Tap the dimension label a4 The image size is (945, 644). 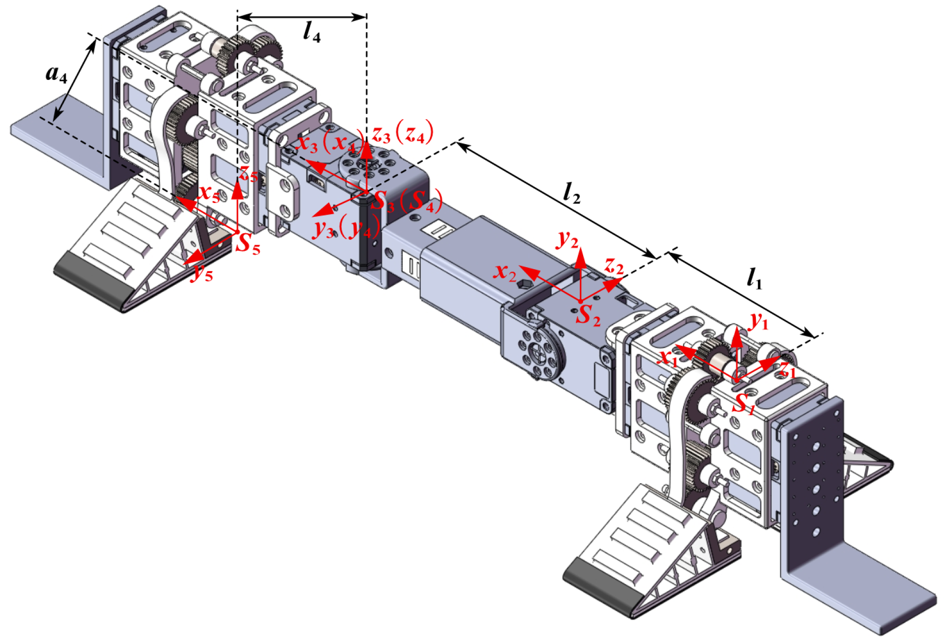point(56,74)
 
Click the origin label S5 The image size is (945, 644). point(248,244)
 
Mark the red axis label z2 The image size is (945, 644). point(614,265)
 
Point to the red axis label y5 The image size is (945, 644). point(202,273)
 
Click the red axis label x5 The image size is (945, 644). point(209,193)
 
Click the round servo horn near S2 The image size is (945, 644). point(540,353)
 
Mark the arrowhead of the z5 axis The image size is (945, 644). point(237,189)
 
